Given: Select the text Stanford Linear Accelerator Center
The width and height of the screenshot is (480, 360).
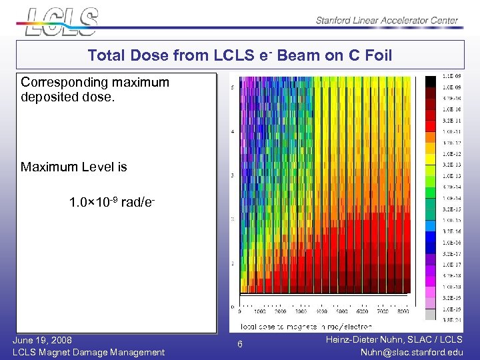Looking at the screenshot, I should click(387, 21).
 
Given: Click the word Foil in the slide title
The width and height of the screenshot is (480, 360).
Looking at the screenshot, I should click(377, 56).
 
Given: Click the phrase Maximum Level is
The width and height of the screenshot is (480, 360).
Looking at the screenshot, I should click(73, 167).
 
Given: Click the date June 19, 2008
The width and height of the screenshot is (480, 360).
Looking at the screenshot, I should click(42, 340).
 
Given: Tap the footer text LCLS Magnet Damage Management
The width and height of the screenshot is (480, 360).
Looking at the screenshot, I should click(88, 352).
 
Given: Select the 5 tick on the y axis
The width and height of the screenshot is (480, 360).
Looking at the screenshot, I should click(231, 87).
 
